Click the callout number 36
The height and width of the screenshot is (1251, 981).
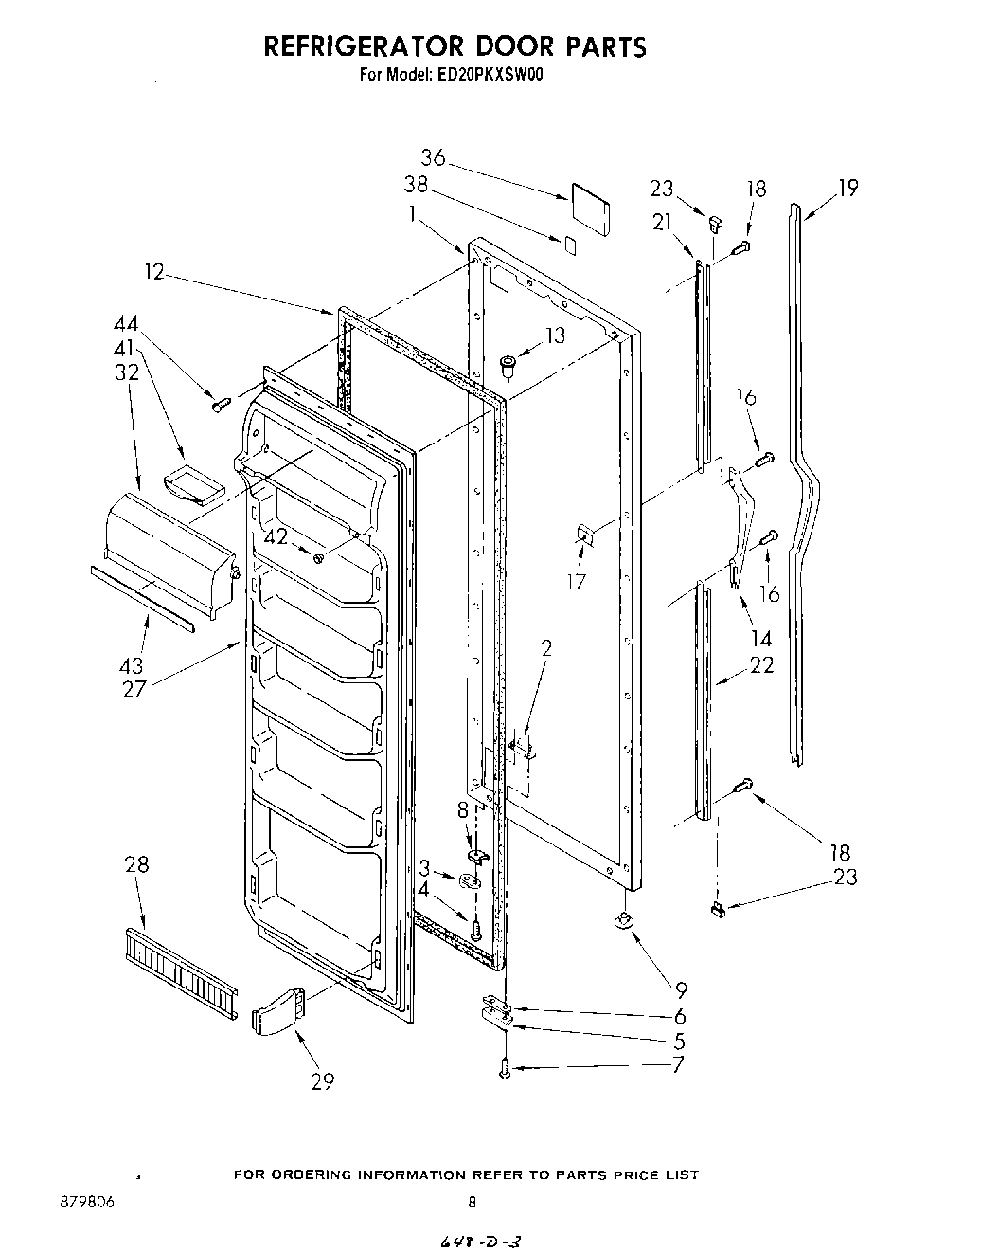pos(433,159)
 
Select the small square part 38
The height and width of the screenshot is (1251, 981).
pos(568,244)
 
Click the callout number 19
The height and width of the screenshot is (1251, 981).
pos(847,188)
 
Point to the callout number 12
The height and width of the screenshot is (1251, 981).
pos(154,272)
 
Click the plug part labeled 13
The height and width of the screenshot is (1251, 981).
pos(508,362)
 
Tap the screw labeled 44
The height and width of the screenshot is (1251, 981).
pos(222,405)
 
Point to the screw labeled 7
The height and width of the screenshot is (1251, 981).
pos(506,1068)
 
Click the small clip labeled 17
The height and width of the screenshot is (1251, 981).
pos(585,536)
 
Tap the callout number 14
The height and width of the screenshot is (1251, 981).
pos(761,637)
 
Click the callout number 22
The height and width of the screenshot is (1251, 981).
pos(761,665)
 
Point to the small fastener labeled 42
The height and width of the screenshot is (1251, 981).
pos(319,557)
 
